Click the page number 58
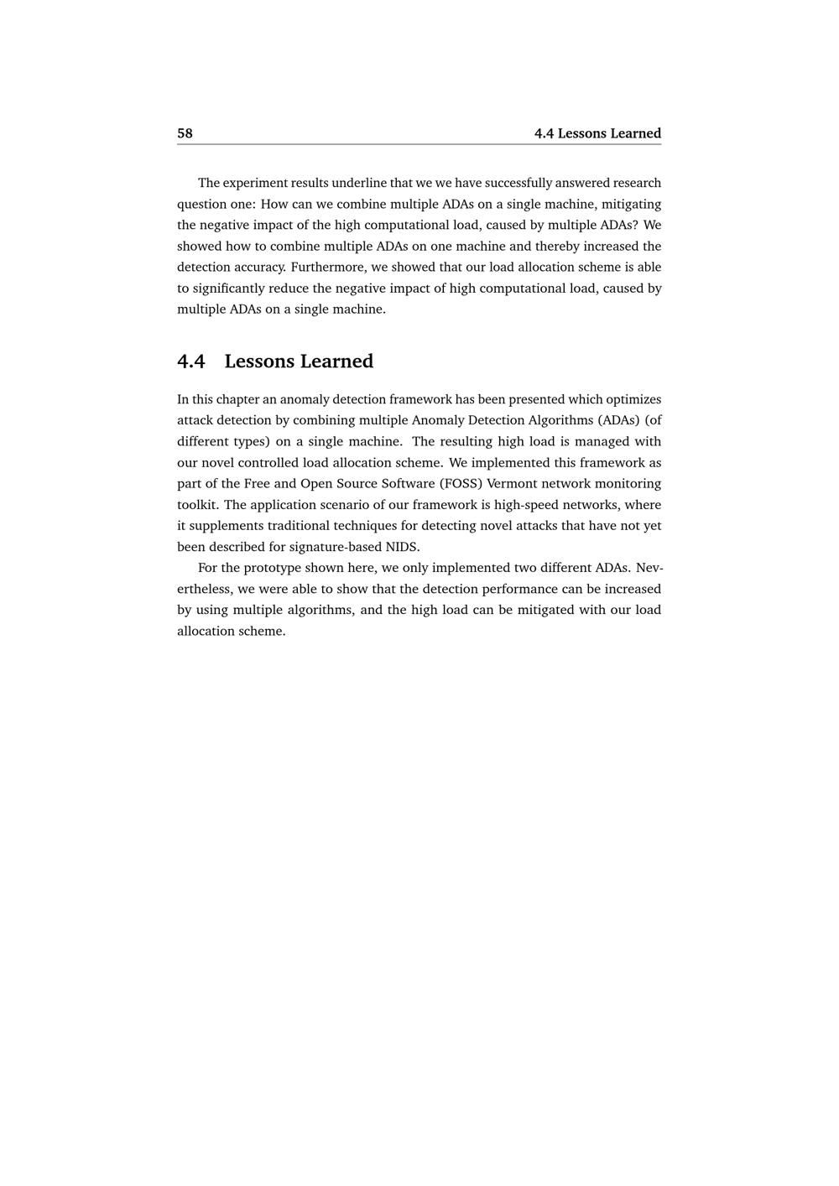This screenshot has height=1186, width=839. (x=185, y=133)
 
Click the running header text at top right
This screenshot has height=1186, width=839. (x=597, y=133)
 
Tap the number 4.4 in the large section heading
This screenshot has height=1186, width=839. (x=191, y=362)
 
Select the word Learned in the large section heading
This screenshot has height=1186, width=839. (x=336, y=362)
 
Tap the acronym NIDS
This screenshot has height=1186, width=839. (x=401, y=547)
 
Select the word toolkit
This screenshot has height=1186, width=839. (x=198, y=505)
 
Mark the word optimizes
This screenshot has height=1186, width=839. (x=633, y=399)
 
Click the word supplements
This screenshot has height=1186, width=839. (x=227, y=526)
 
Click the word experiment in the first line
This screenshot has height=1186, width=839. (x=255, y=183)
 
